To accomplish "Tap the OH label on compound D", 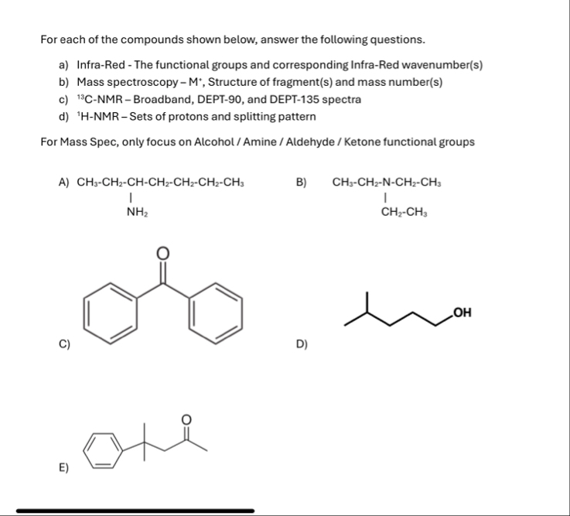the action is coord(462,313).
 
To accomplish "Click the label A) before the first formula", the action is coord(64,183).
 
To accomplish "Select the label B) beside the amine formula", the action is coord(302,183).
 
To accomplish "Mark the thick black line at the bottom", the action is coord(135,511).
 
